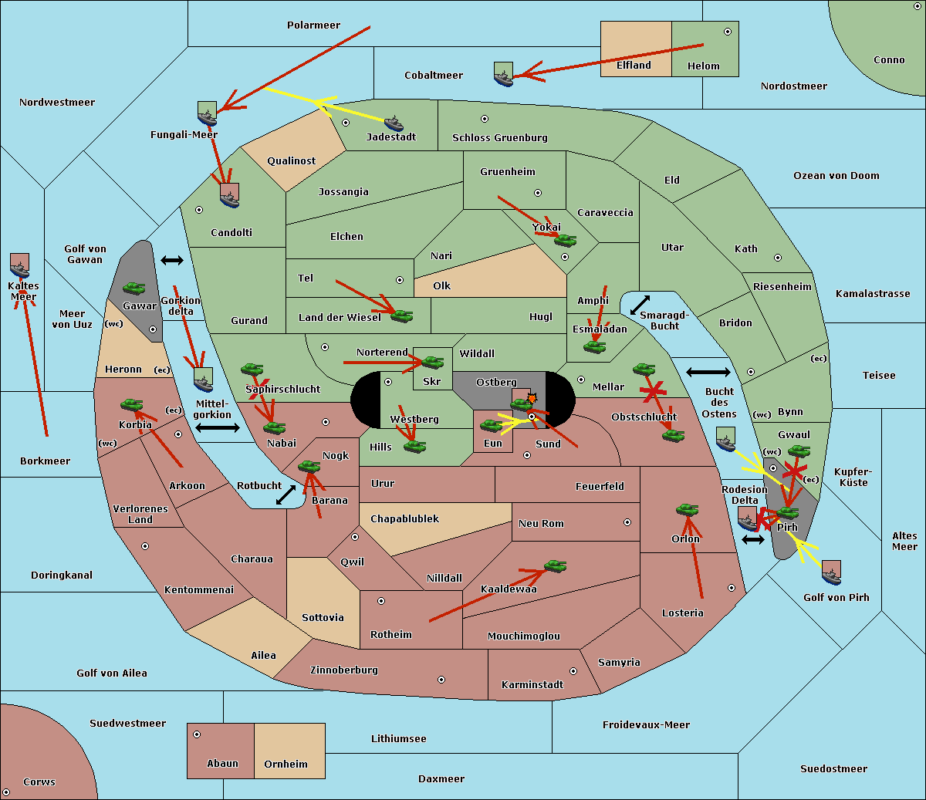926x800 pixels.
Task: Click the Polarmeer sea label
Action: pyautogui.click(x=313, y=25)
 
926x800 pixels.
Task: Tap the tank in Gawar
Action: pyautogui.click(x=134, y=289)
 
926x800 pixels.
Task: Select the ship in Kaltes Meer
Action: pyautogui.click(x=20, y=265)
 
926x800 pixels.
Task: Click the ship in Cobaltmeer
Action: pyautogui.click(x=503, y=74)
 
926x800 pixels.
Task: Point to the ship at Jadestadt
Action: pyautogui.click(x=394, y=123)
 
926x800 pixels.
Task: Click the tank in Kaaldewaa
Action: pyautogui.click(x=555, y=567)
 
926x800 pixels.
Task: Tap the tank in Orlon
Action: pyautogui.click(x=687, y=510)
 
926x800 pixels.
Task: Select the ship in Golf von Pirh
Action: pyautogui.click(x=831, y=572)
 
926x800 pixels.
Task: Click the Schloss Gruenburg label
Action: pyautogui.click(x=499, y=138)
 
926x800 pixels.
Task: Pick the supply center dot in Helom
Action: pyautogui.click(x=727, y=32)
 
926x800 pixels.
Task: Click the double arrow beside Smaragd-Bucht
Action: pyautogui.click(x=640, y=305)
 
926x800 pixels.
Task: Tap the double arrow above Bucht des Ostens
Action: pyautogui.click(x=708, y=373)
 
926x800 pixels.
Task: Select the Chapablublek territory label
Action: pyautogui.click(x=404, y=519)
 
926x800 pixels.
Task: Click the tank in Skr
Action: pyautogui.click(x=432, y=361)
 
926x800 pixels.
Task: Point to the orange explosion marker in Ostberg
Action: pyautogui.click(x=531, y=398)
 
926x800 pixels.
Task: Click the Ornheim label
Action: pyautogui.click(x=286, y=765)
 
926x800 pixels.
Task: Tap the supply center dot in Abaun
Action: pyautogui.click(x=197, y=734)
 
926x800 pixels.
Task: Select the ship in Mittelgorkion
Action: pyautogui.click(x=203, y=380)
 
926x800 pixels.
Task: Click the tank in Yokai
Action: pyautogui.click(x=566, y=240)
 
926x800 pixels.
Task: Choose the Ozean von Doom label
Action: pyautogui.click(x=836, y=176)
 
